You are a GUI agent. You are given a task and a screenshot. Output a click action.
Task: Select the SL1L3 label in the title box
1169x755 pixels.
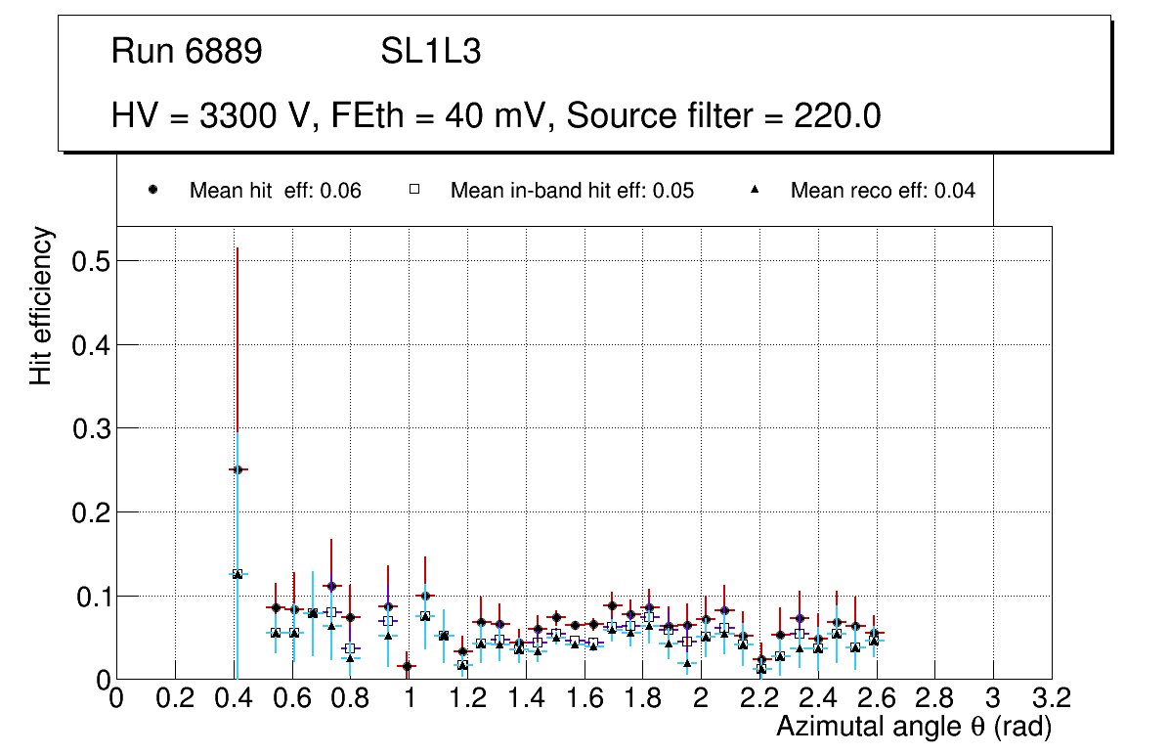(x=430, y=52)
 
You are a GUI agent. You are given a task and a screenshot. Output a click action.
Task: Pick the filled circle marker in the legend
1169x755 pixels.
(x=153, y=191)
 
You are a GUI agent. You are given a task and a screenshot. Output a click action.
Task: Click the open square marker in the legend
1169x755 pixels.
(x=413, y=191)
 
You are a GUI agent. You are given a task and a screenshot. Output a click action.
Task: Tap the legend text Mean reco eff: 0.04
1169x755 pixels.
(x=883, y=191)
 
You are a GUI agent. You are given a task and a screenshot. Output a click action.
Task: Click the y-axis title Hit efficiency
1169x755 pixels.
(x=41, y=305)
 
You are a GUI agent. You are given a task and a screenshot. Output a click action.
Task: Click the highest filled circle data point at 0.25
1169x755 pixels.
(x=237, y=469)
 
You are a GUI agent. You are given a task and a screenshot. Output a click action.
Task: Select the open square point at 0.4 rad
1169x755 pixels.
(x=237, y=574)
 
